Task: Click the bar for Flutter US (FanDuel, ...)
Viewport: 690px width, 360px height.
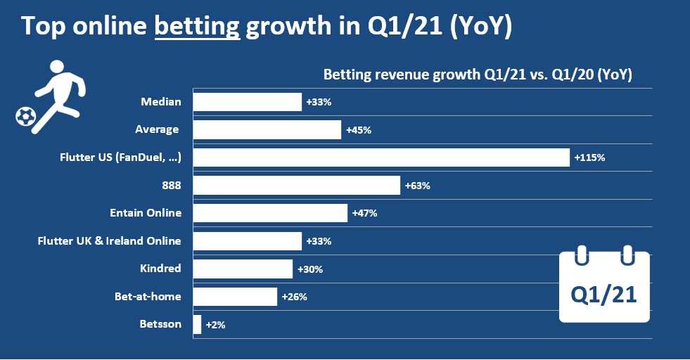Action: [x=381, y=157]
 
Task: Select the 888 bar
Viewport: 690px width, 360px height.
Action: [x=296, y=186]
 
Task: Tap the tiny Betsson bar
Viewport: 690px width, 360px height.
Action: [x=197, y=324]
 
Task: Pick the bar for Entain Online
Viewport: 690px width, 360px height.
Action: [x=270, y=213]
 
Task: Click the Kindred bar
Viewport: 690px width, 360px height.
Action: [x=243, y=269]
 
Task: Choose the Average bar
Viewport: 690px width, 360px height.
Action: [x=267, y=129]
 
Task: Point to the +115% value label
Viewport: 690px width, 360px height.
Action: [x=589, y=157]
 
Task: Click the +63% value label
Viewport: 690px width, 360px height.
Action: [x=417, y=186]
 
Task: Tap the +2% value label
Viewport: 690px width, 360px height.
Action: [x=215, y=324]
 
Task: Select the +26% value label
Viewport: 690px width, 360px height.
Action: [x=294, y=297]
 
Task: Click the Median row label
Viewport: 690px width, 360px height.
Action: [x=161, y=102]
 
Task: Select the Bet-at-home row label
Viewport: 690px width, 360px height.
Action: [x=148, y=297]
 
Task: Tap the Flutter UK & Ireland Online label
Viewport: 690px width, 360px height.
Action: [x=109, y=241]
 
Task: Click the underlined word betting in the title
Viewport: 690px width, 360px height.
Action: [x=197, y=27]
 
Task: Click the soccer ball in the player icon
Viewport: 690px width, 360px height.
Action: [x=25, y=116]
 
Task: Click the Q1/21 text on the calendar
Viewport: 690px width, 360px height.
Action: [x=604, y=295]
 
